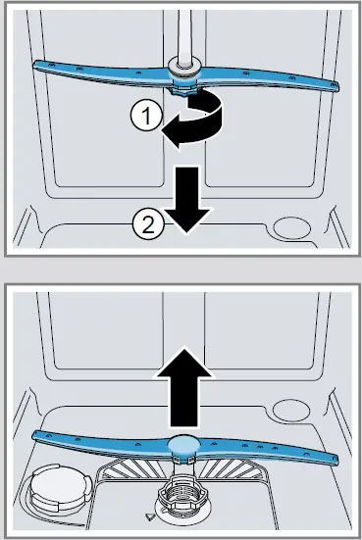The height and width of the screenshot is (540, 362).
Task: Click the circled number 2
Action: click(146, 225)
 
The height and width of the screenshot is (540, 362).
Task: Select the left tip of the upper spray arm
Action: click(41, 66)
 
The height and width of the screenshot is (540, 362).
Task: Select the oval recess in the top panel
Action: click(293, 226)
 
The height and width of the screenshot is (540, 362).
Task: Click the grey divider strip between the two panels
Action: click(181, 268)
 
